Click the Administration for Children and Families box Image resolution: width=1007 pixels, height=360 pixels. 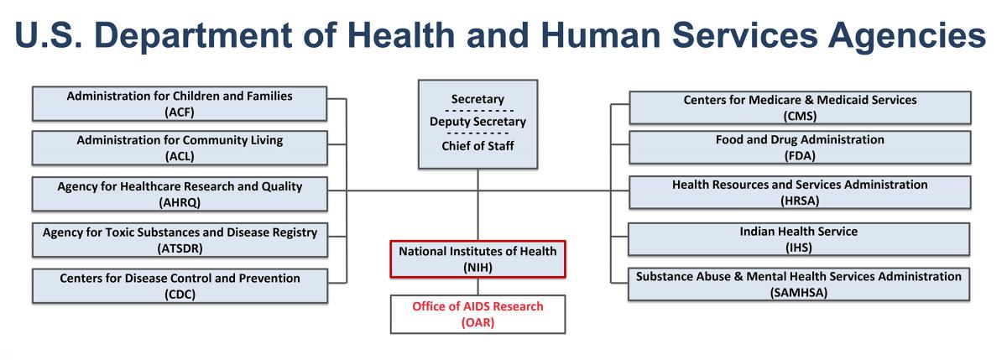(x=180, y=103)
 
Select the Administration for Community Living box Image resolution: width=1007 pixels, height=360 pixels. (x=180, y=148)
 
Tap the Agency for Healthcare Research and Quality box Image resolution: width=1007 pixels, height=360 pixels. (x=180, y=194)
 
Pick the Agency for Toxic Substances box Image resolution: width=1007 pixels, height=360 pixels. (x=180, y=240)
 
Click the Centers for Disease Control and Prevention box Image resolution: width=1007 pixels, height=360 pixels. (x=180, y=285)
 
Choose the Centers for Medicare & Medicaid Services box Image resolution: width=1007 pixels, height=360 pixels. (x=800, y=107)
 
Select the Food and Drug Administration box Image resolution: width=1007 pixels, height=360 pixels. (x=800, y=147)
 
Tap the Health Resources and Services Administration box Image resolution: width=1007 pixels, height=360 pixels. (x=800, y=192)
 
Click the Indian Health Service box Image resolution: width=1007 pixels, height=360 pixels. (x=800, y=238)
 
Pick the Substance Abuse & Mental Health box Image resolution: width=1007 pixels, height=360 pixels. (x=800, y=284)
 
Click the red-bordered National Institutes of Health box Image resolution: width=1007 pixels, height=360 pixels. (x=477, y=258)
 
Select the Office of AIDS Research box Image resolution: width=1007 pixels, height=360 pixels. (x=477, y=314)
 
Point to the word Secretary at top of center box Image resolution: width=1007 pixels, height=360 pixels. (x=477, y=100)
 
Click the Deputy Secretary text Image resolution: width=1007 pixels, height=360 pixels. (x=477, y=123)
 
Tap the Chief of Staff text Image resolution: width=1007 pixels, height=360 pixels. (x=477, y=146)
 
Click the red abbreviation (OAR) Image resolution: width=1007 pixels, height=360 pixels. (x=477, y=322)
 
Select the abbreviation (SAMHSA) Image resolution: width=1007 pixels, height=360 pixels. (x=800, y=292)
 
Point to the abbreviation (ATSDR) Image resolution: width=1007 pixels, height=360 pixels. (x=180, y=248)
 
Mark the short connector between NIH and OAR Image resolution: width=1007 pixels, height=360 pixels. (x=477, y=285)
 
